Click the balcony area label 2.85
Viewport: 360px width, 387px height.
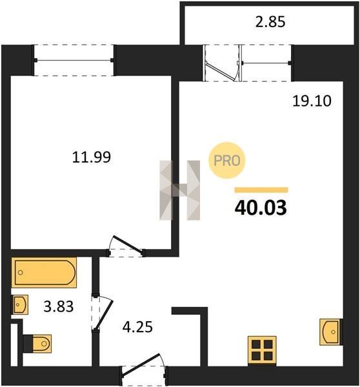270,22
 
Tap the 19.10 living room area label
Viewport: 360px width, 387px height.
312,101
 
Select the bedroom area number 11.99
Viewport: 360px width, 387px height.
92,157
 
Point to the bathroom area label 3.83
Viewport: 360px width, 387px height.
59,306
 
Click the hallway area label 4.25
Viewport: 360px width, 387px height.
137,327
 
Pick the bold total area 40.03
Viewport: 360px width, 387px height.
261,208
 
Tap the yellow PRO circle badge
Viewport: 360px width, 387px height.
226,161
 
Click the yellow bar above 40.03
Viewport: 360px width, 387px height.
261,190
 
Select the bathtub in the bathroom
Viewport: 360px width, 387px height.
44,272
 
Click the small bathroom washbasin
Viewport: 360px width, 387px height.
20,304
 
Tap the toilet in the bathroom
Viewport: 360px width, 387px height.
38,344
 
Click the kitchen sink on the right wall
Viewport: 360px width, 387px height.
330,332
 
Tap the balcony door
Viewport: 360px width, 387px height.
222,63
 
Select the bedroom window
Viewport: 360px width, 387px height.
74,60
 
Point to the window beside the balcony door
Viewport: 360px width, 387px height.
266,63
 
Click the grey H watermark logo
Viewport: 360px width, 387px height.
180,190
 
